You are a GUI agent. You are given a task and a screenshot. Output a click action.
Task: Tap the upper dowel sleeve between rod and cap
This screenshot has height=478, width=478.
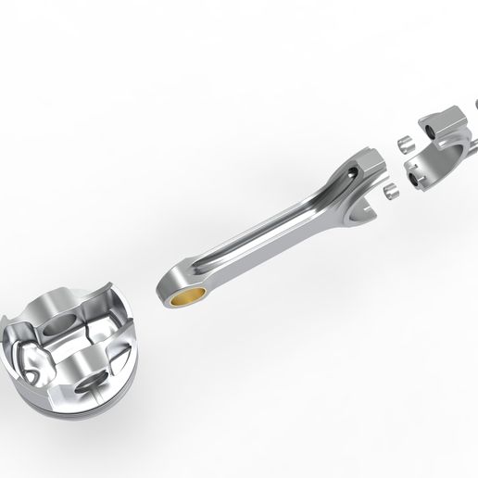click(404, 145)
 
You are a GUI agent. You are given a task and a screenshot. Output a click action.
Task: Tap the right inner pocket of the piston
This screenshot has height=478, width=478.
click(102, 333)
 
